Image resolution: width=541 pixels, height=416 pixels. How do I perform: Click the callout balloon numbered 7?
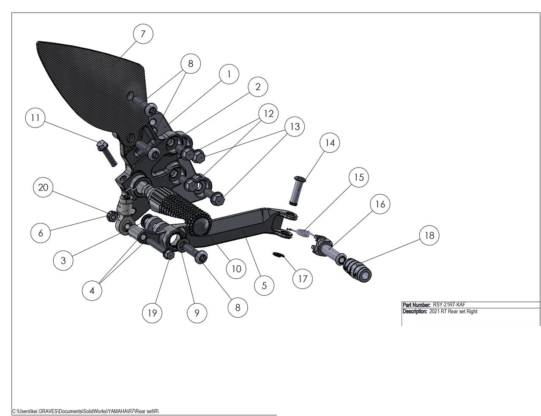(x=143, y=34)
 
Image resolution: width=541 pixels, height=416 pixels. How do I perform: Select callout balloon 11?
(x=36, y=118)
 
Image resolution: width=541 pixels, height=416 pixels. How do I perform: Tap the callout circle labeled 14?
(x=330, y=143)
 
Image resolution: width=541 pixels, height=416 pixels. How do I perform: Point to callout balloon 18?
(x=429, y=235)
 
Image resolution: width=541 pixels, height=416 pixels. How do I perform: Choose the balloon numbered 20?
(x=43, y=188)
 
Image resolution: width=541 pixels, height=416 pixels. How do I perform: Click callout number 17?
(x=303, y=279)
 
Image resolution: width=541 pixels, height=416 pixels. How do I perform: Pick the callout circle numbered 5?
(x=264, y=285)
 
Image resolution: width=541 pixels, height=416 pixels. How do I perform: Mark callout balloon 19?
(x=152, y=313)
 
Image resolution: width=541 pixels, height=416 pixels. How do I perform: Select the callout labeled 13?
(x=295, y=126)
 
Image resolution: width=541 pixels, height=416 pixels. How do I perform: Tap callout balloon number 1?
(x=229, y=74)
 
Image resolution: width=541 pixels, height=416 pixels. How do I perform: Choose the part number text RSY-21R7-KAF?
(x=449, y=305)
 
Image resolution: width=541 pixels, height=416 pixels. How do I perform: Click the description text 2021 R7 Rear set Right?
(x=453, y=312)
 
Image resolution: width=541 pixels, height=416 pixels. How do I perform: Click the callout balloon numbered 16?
(x=380, y=204)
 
